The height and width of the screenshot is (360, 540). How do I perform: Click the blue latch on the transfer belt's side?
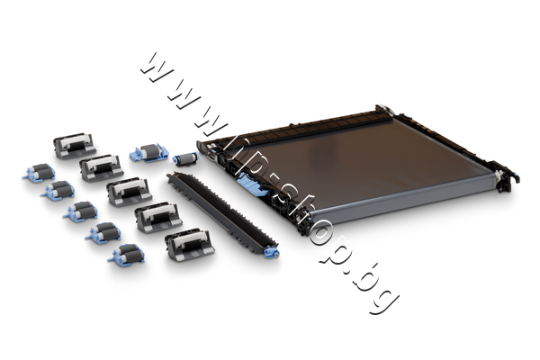click(251, 184)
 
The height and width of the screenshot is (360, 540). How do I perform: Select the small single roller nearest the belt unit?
click(185, 158)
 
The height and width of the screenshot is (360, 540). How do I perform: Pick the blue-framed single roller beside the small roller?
click(149, 153)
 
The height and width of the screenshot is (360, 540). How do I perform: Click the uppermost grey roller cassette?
click(74, 146)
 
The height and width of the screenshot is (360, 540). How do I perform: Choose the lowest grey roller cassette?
click(190, 244)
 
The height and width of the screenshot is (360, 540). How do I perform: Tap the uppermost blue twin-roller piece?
click(39, 173)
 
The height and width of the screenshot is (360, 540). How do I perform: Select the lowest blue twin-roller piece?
click(126, 255)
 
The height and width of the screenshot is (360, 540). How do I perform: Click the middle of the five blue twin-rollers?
click(80, 211)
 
